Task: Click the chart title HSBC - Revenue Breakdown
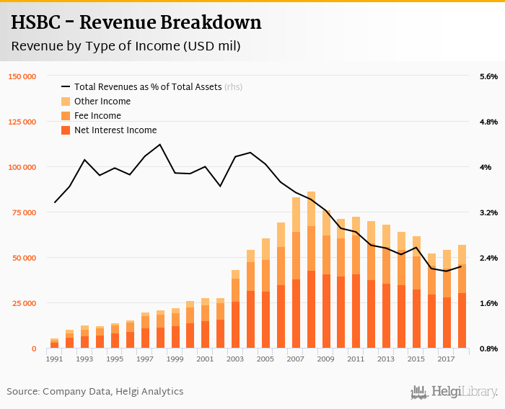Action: (136, 23)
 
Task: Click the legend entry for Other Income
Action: (102, 102)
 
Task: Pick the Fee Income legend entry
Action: (97, 116)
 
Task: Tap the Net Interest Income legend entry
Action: (115, 130)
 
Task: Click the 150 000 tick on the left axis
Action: (22, 76)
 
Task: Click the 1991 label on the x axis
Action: (54, 359)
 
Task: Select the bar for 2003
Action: (236, 310)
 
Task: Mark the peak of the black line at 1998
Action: (159, 145)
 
